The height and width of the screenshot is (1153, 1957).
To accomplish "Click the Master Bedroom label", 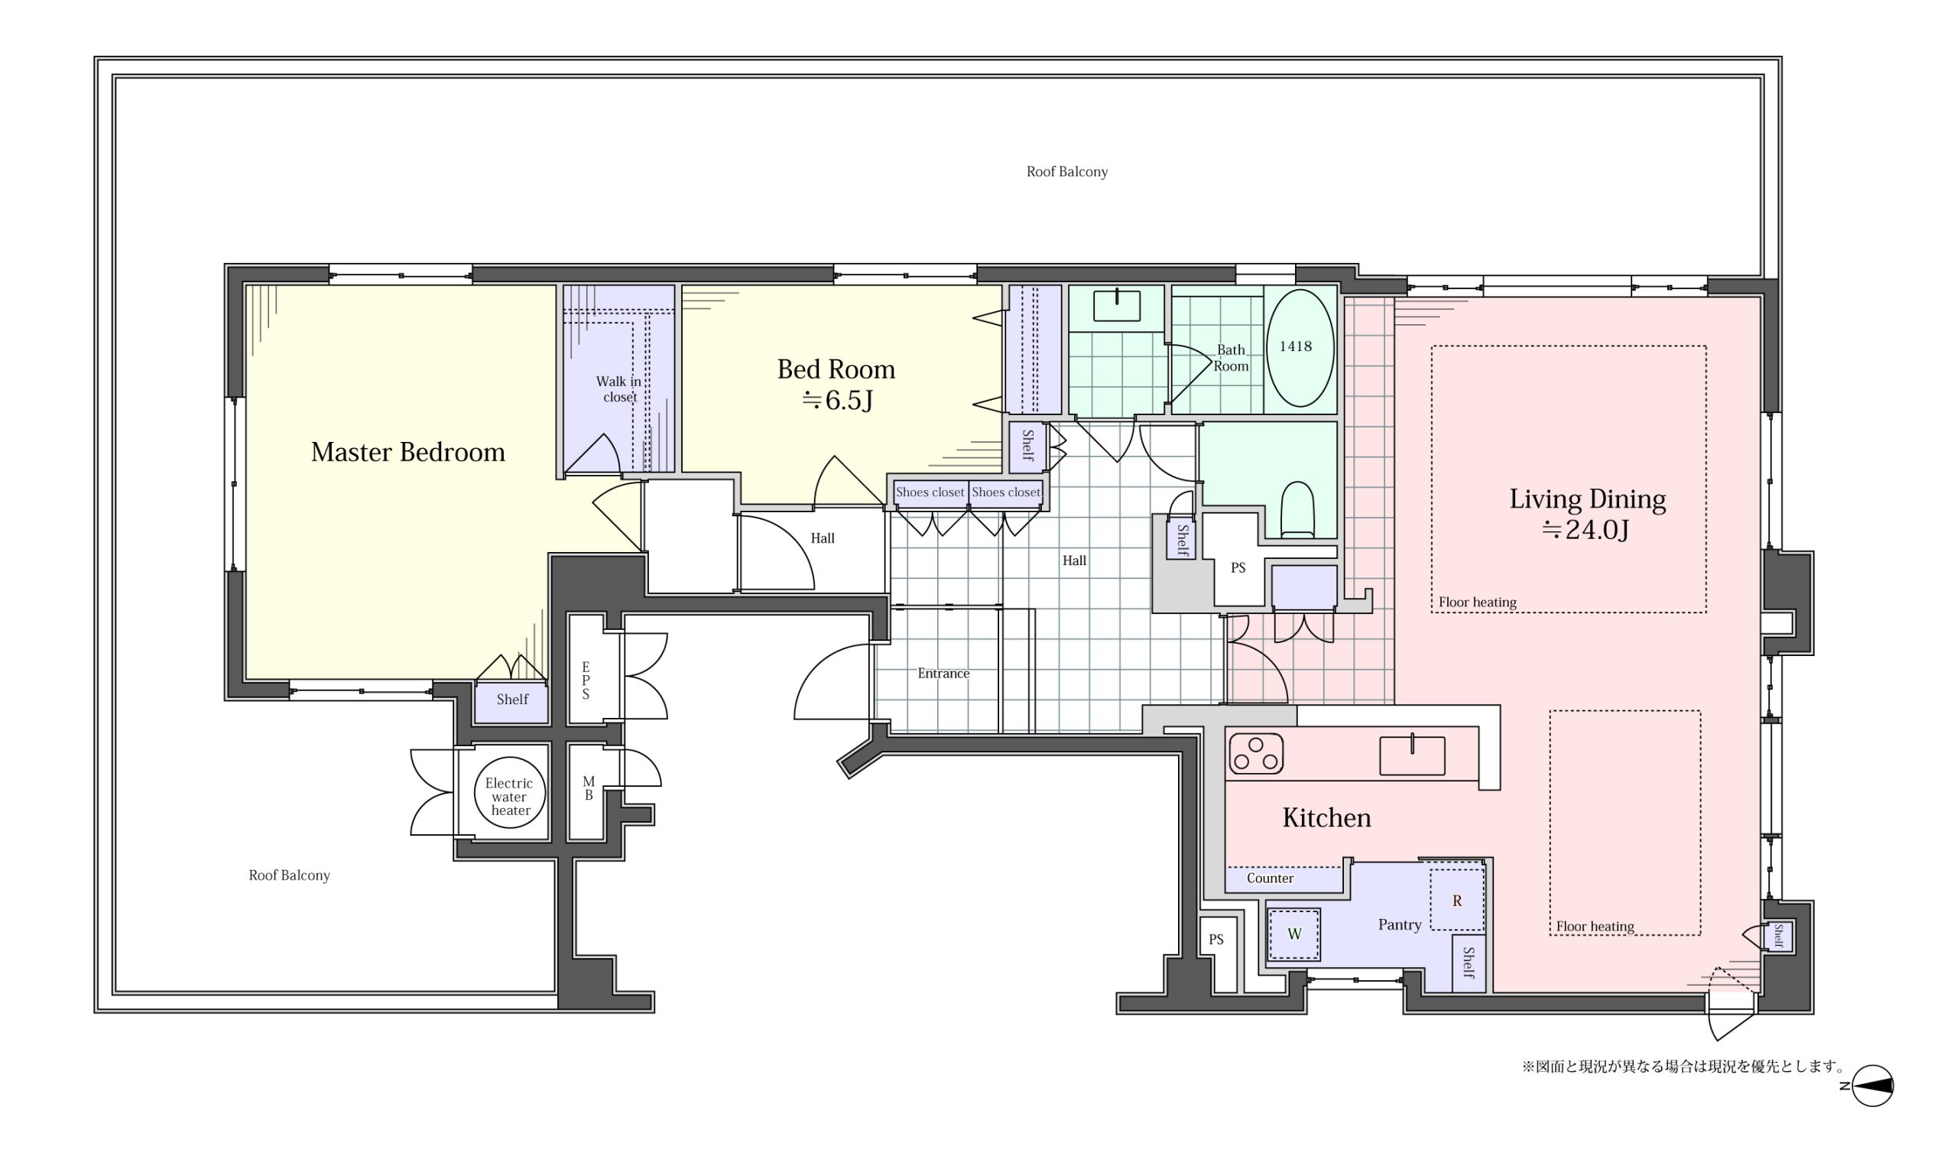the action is pyautogui.click(x=407, y=452).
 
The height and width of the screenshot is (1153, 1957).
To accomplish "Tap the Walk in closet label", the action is pyautogui.click(x=619, y=389).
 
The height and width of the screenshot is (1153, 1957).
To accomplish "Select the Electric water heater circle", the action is pyautogui.click(x=510, y=794).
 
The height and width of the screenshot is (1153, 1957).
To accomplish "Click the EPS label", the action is pyautogui.click(x=586, y=680).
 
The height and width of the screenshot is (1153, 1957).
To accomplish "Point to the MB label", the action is pyautogui.click(x=589, y=788).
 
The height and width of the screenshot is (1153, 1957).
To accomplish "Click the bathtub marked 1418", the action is pyautogui.click(x=1300, y=348).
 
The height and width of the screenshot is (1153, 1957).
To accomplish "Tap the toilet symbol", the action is pyautogui.click(x=1297, y=510).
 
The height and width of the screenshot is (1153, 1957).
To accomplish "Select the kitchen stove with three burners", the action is pyautogui.click(x=1256, y=754).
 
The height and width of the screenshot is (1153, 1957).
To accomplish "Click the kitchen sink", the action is pyautogui.click(x=1412, y=755).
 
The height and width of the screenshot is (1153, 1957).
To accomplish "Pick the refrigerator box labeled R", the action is pyautogui.click(x=1457, y=900).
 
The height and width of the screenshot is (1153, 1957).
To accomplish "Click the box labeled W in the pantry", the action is pyautogui.click(x=1293, y=934).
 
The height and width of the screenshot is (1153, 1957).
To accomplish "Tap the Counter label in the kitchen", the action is pyautogui.click(x=1270, y=879).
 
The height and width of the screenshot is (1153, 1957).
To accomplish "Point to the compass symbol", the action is pyautogui.click(x=1872, y=1086).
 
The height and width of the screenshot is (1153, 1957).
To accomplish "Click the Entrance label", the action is pyautogui.click(x=943, y=674).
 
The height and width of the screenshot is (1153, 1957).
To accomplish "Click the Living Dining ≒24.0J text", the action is pyautogui.click(x=1587, y=514).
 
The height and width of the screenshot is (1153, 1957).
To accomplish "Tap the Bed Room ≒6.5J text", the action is pyautogui.click(x=836, y=384).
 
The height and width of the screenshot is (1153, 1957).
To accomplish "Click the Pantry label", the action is pyautogui.click(x=1400, y=924).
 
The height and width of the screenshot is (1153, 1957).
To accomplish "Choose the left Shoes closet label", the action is pyautogui.click(x=930, y=492).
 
